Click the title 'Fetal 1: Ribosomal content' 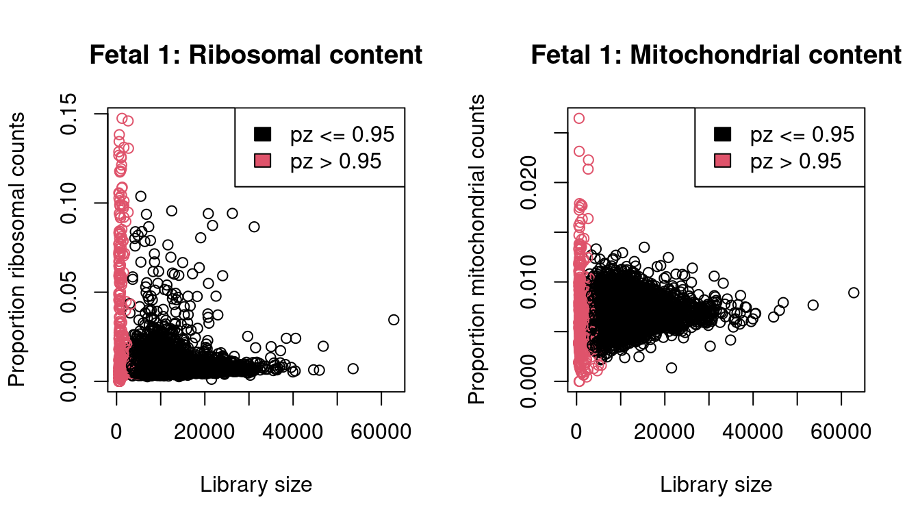[x=256, y=55]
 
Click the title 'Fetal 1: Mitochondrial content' [x=716, y=55]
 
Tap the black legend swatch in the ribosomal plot [x=263, y=135]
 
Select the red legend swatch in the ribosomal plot [x=263, y=160]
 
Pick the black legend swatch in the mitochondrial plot [x=723, y=135]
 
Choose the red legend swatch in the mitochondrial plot [x=723, y=160]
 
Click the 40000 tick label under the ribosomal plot [x=293, y=433]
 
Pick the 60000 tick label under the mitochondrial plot [x=841, y=433]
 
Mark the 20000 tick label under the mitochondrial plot [x=665, y=433]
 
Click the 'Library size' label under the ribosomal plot [x=256, y=485]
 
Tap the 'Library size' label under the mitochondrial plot [x=716, y=485]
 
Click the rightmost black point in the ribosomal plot [x=394, y=320]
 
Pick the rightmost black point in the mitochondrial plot [x=854, y=292]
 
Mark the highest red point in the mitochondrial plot [x=579, y=118]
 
